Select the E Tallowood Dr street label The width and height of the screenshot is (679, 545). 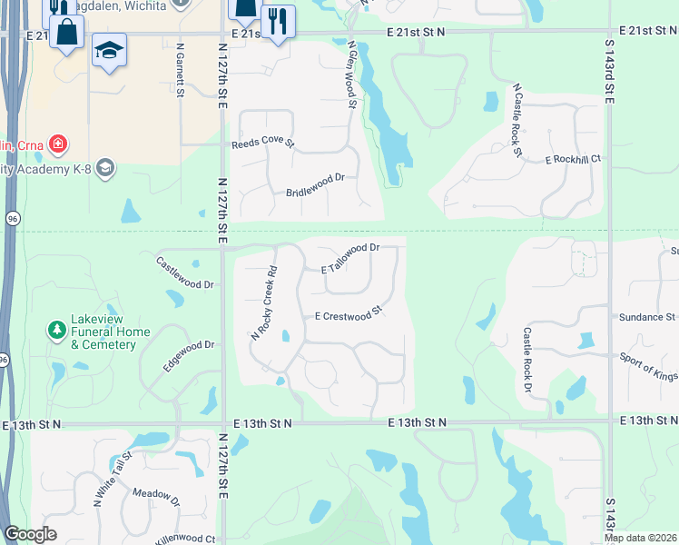(349, 247)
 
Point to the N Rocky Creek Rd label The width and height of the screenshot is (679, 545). (263, 302)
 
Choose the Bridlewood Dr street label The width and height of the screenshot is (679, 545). (316, 179)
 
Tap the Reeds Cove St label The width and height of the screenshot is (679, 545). (263, 144)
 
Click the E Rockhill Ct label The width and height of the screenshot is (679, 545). (573, 159)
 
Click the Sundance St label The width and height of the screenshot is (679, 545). (647, 317)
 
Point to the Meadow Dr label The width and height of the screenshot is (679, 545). (156, 496)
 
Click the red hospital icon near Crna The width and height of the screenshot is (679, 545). (57, 144)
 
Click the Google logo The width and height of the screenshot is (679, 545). (31, 534)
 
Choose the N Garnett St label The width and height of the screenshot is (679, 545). (181, 70)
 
